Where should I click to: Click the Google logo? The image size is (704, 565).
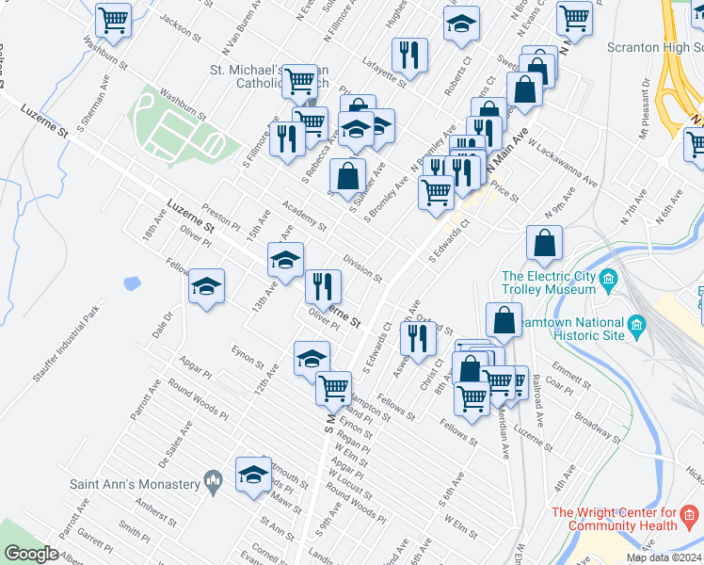coord(31,554)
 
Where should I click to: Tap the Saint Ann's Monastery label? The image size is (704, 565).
coord(136,484)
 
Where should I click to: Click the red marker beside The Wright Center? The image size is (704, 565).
coord(690,515)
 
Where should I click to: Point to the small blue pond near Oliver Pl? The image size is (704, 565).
coord(131,282)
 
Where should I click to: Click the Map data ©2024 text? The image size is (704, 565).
coord(664,557)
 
